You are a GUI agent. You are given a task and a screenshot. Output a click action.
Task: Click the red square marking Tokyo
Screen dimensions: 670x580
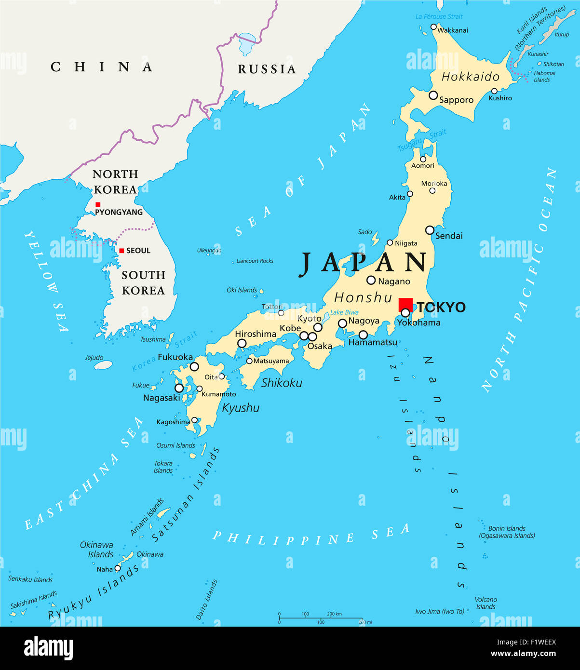[405, 305]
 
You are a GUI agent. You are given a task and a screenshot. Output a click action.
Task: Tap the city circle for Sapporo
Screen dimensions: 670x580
[433, 95]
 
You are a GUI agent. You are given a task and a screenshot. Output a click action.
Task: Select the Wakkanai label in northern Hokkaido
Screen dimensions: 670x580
[453, 30]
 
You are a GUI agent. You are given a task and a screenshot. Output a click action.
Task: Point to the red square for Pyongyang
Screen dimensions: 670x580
[98, 204]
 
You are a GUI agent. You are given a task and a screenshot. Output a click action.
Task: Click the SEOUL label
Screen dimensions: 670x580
[138, 251]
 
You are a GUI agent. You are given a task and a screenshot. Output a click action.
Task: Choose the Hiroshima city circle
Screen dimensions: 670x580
[242, 343]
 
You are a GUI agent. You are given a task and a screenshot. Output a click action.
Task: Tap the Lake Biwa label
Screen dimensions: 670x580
[344, 312]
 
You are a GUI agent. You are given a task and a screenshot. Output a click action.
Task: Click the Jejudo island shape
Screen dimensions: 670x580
[103, 365]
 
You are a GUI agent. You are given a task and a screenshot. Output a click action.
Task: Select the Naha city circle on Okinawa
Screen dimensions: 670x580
[118, 568]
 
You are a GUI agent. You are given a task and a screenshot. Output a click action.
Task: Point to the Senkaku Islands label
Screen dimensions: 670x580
[30, 579]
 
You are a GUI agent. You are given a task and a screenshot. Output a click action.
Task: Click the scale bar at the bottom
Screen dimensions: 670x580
[321, 618]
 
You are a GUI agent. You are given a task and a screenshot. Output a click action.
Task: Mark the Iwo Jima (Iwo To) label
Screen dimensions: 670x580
[439, 611]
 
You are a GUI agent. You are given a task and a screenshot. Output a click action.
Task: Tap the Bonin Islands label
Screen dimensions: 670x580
[507, 528]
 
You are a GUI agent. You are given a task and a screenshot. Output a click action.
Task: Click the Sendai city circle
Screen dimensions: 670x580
[430, 230]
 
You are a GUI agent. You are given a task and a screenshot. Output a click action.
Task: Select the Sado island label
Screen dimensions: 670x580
[364, 232]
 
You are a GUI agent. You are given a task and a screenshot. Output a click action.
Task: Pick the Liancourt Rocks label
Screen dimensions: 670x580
[255, 261]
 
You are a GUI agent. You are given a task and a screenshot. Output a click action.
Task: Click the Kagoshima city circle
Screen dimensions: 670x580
[194, 420]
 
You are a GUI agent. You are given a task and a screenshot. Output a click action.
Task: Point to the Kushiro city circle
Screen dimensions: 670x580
[494, 91]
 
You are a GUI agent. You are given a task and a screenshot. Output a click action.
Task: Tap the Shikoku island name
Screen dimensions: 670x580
[282, 383]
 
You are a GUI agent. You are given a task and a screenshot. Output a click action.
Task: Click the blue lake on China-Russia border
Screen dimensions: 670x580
[247, 45]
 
